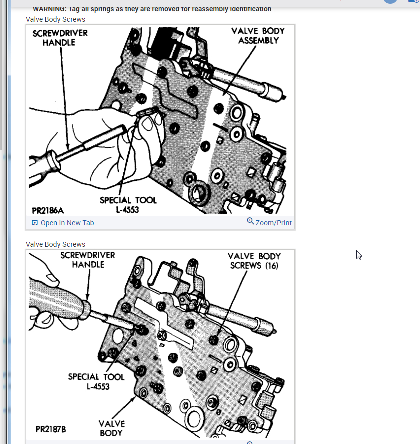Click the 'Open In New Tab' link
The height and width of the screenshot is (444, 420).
pyautogui.click(x=67, y=223)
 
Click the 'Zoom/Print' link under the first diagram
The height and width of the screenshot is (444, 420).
pyautogui.click(x=273, y=223)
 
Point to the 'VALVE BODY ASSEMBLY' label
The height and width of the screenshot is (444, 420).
pyautogui.click(x=258, y=36)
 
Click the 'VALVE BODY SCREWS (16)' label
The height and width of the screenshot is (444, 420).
pyautogui.click(x=254, y=261)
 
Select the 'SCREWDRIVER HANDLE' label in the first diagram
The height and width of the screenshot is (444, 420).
pyautogui.click(x=60, y=38)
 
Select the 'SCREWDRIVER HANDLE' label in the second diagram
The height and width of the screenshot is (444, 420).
pyautogui.click(x=87, y=260)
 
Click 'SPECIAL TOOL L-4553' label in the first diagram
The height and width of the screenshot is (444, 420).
pyautogui.click(x=128, y=205)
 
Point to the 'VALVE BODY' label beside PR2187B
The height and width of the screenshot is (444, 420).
pyautogui.click(x=111, y=428)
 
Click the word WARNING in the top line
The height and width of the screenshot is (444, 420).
pyautogui.click(x=49, y=9)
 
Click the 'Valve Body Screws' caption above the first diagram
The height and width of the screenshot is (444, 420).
pyautogui.click(x=55, y=19)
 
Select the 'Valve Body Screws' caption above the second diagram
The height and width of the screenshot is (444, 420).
pyautogui.click(x=55, y=244)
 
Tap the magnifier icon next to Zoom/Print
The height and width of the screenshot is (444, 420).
pyautogui.click(x=251, y=221)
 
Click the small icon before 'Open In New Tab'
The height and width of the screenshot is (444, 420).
pyautogui.click(x=35, y=223)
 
